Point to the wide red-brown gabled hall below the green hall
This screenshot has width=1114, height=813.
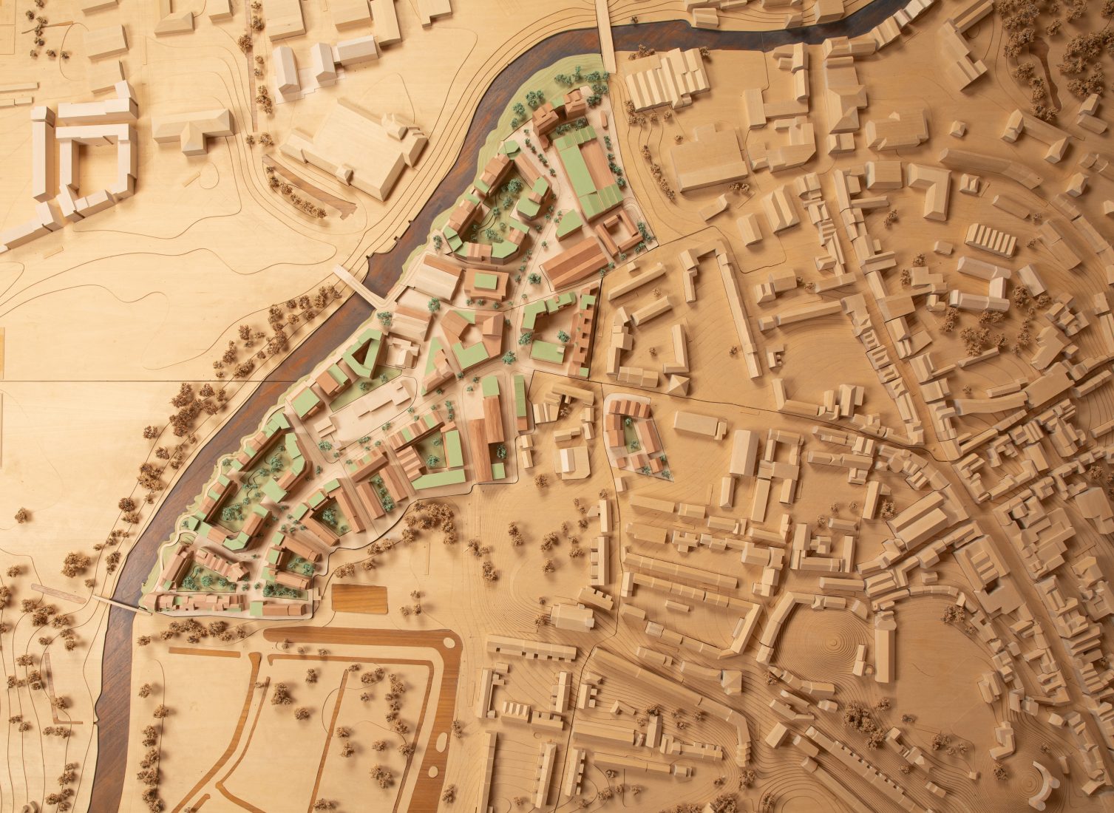tap(574, 262)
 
